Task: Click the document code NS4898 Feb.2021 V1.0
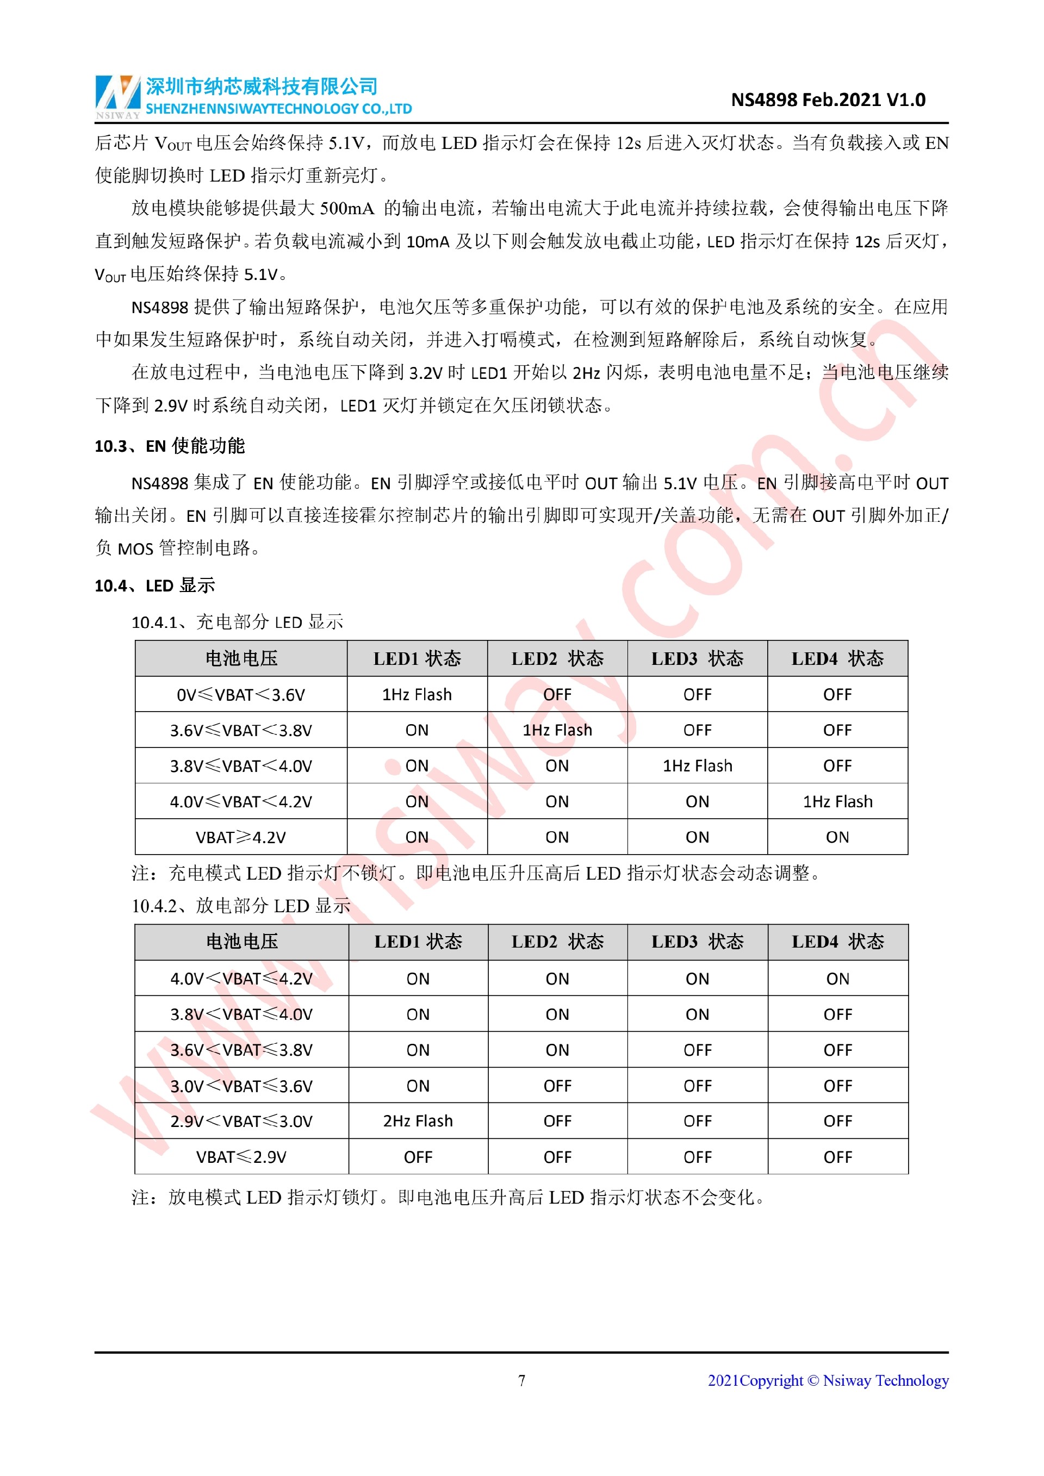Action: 828,99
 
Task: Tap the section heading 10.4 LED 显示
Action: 155,585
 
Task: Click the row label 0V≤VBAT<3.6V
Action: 240,694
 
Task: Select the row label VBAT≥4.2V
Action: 240,837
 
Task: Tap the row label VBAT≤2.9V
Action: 241,1156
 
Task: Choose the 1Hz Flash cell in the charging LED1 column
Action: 417,694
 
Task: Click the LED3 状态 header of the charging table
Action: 697,658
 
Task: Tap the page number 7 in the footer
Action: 521,1380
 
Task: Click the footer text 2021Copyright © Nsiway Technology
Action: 828,1380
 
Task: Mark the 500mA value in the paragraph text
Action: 346,208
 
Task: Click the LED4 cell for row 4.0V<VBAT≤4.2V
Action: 837,979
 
